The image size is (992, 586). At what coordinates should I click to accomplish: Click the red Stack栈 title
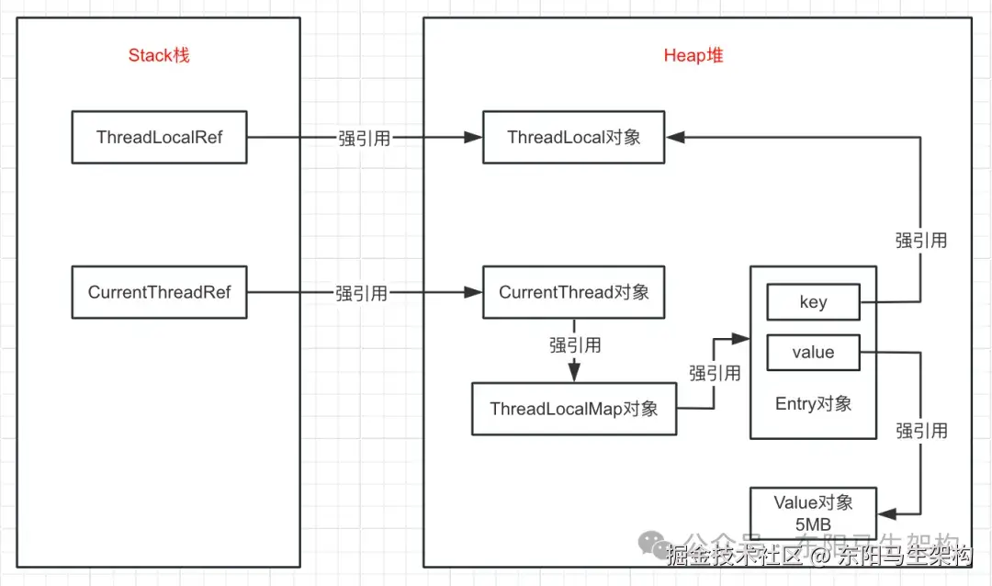(159, 55)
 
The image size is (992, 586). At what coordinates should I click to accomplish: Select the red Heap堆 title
(693, 55)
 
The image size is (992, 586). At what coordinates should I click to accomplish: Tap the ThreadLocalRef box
(159, 138)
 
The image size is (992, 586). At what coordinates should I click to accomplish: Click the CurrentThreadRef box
(159, 292)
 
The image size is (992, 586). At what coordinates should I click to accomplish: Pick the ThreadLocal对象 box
(574, 138)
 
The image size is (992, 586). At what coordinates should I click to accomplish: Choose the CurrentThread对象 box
(574, 292)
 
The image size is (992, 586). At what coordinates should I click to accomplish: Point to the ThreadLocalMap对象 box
(574, 409)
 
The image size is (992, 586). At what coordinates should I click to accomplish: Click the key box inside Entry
(813, 302)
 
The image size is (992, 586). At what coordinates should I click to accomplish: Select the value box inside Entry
(813, 353)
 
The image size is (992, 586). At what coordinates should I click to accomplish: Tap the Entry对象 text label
(813, 403)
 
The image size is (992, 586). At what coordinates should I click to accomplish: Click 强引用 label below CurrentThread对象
(575, 344)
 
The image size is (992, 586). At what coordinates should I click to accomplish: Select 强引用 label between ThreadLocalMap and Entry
(715, 373)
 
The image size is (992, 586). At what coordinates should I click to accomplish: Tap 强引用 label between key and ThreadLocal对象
(921, 241)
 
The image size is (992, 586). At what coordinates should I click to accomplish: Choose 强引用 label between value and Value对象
(921, 431)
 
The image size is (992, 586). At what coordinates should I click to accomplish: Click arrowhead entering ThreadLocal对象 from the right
(675, 138)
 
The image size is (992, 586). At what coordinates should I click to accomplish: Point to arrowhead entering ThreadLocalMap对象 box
(574, 374)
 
